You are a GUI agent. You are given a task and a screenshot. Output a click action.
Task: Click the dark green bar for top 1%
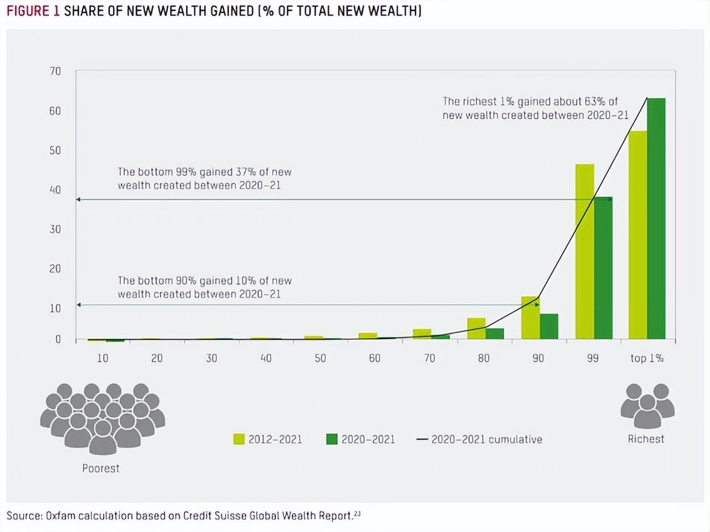click(x=656, y=219)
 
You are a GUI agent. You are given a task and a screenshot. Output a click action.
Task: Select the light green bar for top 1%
click(x=637, y=235)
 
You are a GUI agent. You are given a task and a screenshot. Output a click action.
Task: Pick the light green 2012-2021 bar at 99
click(x=585, y=252)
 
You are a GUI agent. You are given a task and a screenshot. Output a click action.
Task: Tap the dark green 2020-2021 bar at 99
click(x=603, y=268)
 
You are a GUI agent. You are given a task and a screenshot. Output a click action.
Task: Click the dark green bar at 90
click(x=549, y=326)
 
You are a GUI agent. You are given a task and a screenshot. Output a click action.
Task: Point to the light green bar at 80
click(x=476, y=329)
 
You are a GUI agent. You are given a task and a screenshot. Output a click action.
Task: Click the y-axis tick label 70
click(x=55, y=71)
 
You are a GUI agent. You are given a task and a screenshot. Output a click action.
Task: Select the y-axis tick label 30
click(x=55, y=229)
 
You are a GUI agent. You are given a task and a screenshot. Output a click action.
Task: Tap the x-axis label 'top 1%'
click(x=647, y=358)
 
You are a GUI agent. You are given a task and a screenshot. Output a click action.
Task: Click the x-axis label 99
click(x=593, y=358)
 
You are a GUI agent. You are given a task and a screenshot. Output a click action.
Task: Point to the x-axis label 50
click(x=320, y=358)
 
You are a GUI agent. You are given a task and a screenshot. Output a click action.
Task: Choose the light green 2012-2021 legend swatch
click(x=239, y=439)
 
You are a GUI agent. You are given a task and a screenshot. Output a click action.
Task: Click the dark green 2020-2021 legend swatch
click(x=332, y=439)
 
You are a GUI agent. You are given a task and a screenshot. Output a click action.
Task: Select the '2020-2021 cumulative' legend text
click(x=487, y=439)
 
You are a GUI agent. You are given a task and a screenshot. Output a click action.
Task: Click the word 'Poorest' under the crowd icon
click(x=100, y=468)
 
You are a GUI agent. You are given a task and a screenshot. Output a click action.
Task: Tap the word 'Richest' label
click(x=646, y=439)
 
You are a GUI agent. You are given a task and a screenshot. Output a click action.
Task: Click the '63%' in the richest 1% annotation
click(x=595, y=101)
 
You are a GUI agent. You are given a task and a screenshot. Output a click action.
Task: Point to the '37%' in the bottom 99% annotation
click(x=246, y=172)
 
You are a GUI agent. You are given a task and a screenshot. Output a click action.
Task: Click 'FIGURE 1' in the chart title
click(x=33, y=11)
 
